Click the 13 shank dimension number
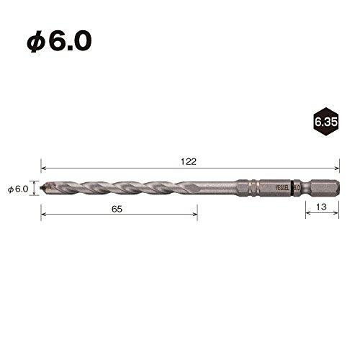(x=321, y=207)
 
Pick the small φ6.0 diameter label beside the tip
(x=17, y=189)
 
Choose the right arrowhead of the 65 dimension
(x=195, y=213)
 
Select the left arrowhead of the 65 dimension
(x=42, y=213)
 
